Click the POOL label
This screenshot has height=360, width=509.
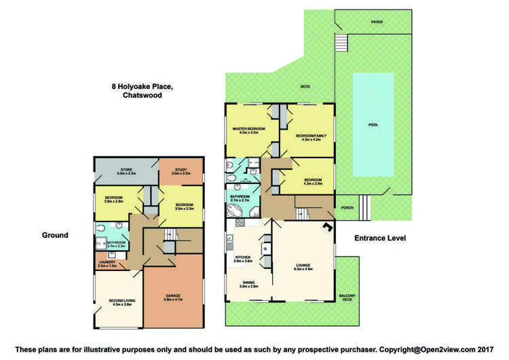373,125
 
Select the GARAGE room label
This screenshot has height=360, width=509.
174,295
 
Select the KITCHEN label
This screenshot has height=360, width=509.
244,257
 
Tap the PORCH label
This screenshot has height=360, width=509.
347,208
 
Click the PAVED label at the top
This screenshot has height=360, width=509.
376,22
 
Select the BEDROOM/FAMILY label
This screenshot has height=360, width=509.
309,135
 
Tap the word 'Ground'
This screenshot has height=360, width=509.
55,235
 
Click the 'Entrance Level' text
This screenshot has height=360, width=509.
380,238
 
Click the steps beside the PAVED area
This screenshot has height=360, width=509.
342,44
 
